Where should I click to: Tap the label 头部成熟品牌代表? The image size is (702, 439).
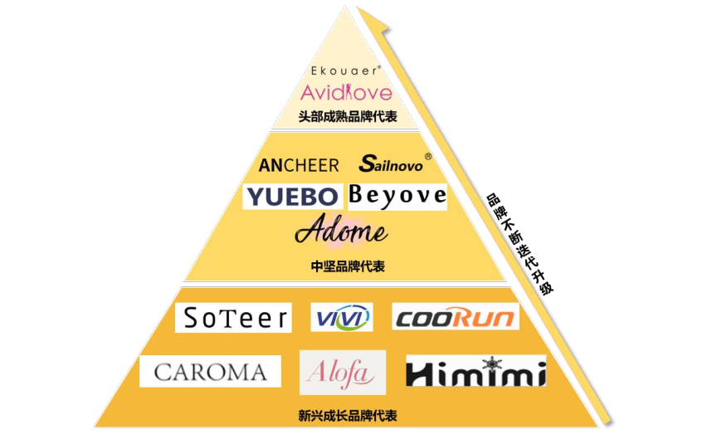click(348, 116)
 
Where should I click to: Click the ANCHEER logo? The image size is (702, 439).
click(299, 165)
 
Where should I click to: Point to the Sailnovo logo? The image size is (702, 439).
click(391, 164)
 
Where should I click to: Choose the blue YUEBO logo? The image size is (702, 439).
click(292, 196)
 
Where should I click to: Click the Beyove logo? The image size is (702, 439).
click(397, 196)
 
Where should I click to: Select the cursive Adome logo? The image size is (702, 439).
click(341, 231)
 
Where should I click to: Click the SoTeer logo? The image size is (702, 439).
click(234, 317)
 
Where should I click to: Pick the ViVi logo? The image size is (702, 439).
click(342, 317)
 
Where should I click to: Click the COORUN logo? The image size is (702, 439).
click(455, 317)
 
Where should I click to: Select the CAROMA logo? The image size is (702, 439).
click(210, 372)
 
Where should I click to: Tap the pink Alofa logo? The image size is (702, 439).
click(342, 373)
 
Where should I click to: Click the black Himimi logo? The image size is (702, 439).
click(475, 372)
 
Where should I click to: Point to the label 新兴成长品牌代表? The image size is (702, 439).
click(347, 414)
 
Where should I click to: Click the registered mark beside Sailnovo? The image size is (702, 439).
click(428, 156)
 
